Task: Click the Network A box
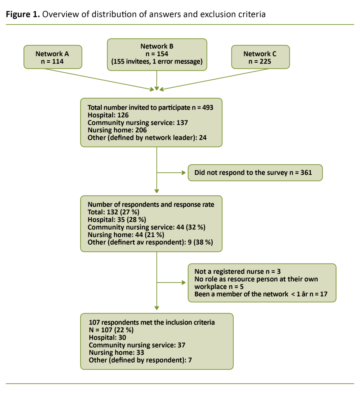coord(52,57)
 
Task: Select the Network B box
coord(157,54)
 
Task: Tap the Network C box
coord(260,57)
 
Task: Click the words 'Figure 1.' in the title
coord(22,15)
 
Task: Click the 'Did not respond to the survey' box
coord(255,173)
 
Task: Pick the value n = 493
coord(200,108)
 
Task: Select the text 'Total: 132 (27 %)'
coord(113,212)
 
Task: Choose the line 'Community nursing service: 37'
coord(137,345)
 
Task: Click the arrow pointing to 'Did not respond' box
coord(171,173)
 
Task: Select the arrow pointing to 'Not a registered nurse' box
coord(171,283)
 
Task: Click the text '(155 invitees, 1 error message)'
coord(157,62)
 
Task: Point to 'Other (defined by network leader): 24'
coord(147,138)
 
